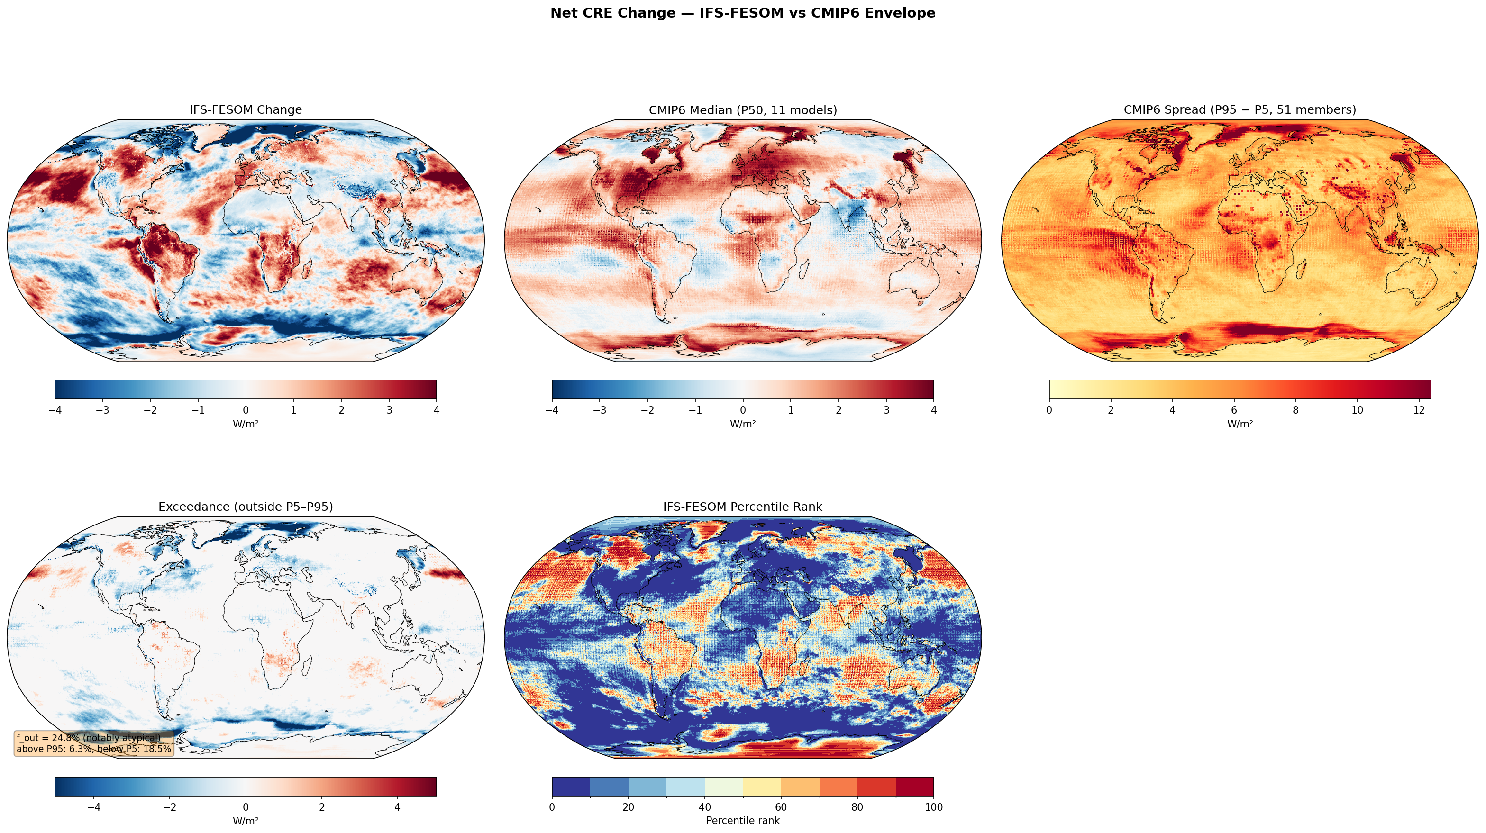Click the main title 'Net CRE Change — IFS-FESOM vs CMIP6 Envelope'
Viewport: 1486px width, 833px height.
tap(742, 13)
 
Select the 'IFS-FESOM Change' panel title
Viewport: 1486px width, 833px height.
tap(246, 109)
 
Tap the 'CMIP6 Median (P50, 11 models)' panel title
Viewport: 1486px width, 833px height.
tap(742, 109)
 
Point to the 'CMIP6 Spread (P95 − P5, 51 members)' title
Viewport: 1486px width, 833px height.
tap(1240, 109)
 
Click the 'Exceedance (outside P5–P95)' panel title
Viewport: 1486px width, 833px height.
tap(246, 507)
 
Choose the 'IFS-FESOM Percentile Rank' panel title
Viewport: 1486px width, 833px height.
tap(742, 507)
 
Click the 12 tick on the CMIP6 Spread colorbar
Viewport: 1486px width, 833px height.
tap(1419, 410)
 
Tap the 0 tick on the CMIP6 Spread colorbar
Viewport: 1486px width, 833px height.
tap(1049, 410)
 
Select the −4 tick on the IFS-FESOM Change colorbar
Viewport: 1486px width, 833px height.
tap(55, 410)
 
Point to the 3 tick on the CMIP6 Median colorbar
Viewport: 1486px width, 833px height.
tap(886, 410)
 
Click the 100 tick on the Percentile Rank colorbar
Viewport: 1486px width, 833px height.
tap(933, 807)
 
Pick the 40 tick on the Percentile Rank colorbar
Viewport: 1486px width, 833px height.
tap(704, 807)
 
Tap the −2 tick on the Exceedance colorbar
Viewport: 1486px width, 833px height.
tap(170, 807)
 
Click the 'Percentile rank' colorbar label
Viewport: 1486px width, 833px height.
tap(742, 820)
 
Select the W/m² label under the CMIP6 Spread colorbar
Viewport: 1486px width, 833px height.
tap(1240, 424)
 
